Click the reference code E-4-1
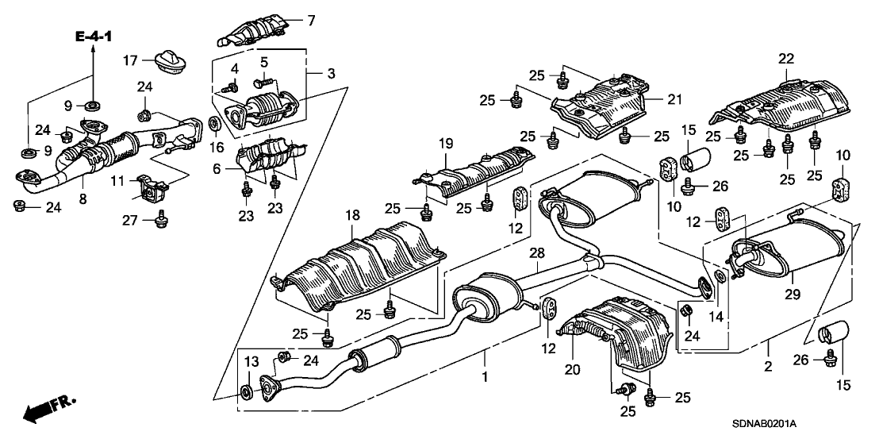[94, 37]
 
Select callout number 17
[131, 60]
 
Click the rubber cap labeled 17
[167, 60]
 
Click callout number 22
[785, 58]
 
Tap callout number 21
[674, 99]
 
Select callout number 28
[538, 252]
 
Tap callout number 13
[251, 362]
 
